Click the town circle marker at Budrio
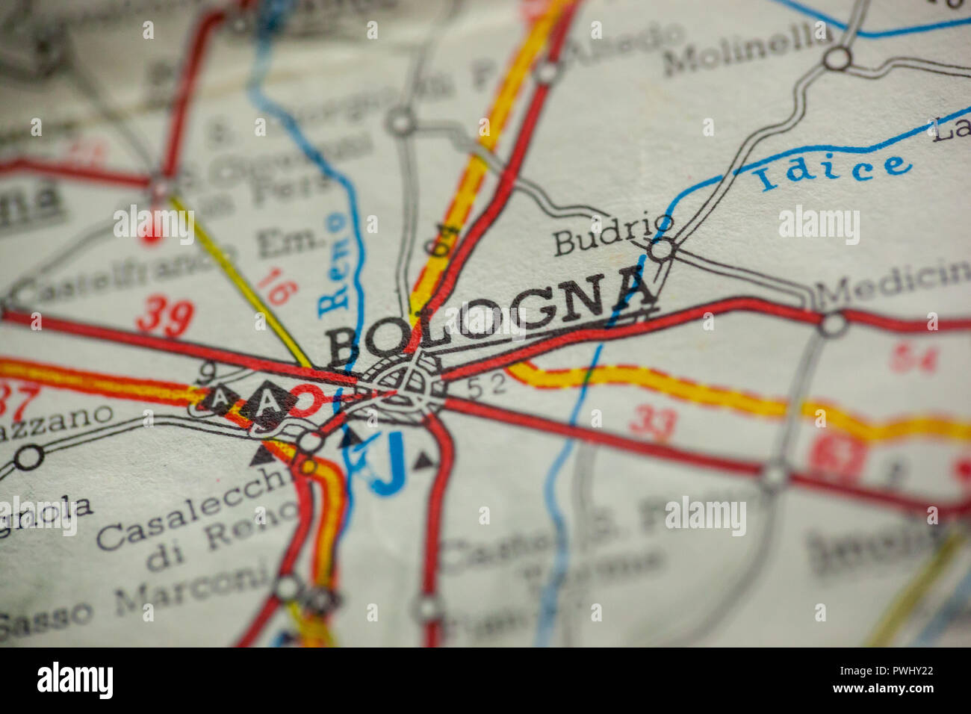tap(661, 249)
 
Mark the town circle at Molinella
tap(837, 58)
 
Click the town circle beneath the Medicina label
tap(832, 324)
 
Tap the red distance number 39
tap(164, 316)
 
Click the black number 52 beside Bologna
tap(487, 385)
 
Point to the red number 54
tap(913, 358)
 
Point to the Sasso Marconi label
tap(134, 597)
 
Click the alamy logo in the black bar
tap(75, 680)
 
